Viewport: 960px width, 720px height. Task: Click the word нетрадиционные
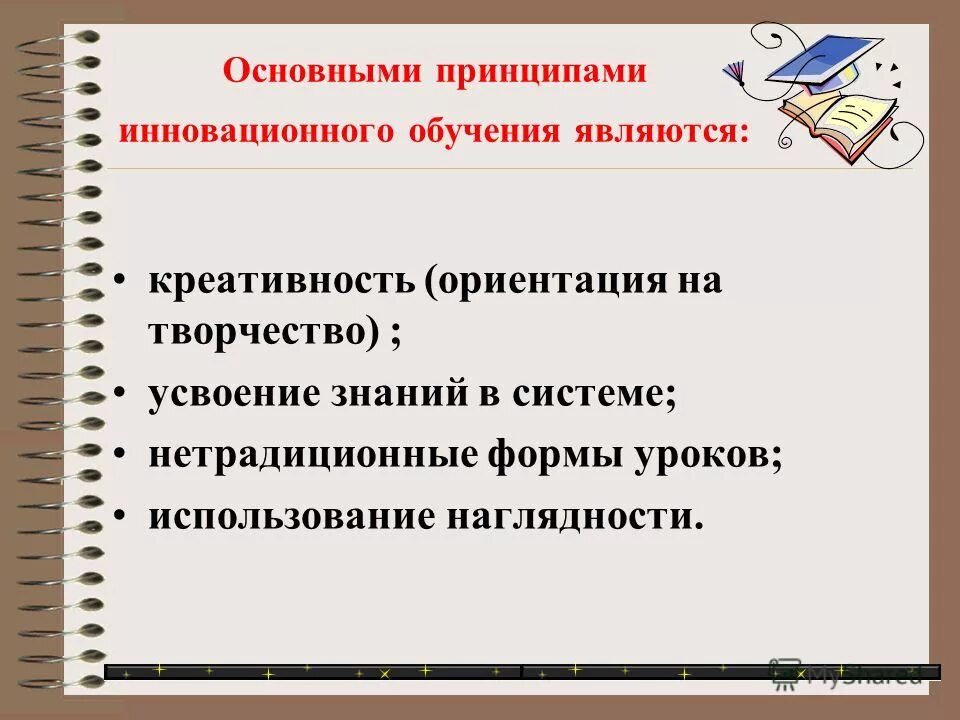314,456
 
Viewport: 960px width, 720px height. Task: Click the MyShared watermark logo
845,674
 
